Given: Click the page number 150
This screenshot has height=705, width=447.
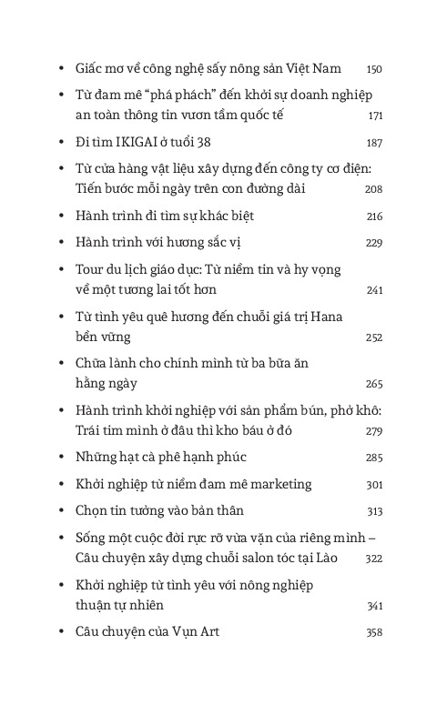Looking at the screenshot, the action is (x=374, y=69).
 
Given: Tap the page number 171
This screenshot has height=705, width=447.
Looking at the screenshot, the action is (x=375, y=116).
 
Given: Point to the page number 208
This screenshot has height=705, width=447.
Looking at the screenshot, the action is (x=373, y=189).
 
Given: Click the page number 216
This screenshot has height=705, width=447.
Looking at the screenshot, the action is (x=374, y=217).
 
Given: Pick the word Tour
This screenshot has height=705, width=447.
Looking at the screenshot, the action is (x=91, y=270).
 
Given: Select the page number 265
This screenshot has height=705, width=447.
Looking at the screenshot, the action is (x=374, y=384).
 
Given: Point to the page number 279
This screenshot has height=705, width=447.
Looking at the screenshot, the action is (x=374, y=431).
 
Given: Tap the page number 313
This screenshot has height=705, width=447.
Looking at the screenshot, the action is (x=374, y=511).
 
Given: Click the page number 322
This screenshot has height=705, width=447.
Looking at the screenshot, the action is (x=374, y=559).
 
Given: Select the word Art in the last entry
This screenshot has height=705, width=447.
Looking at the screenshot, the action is (x=208, y=631).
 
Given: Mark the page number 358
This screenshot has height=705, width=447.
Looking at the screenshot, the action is (x=374, y=632).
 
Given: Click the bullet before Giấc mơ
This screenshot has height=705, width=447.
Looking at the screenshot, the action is (x=59, y=69).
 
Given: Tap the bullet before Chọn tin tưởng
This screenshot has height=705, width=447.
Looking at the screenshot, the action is (x=59, y=510).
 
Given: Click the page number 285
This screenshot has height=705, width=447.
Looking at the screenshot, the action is (x=374, y=458).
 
